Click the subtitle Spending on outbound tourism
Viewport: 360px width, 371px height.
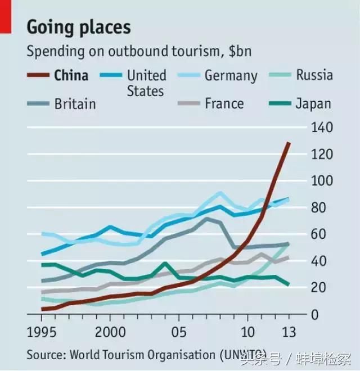point(139,51)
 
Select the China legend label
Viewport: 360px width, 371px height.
point(71,75)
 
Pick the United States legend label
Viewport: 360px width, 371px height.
point(146,83)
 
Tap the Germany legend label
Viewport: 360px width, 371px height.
point(231,75)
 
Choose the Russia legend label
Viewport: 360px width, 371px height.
point(314,75)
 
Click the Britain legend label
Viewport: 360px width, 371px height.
point(75,104)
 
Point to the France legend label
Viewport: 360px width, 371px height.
point(224,104)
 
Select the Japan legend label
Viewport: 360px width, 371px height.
point(313,104)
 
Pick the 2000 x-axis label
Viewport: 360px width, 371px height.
point(111,331)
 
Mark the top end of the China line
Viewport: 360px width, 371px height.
point(289,143)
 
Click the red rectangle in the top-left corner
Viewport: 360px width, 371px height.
point(6,16)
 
